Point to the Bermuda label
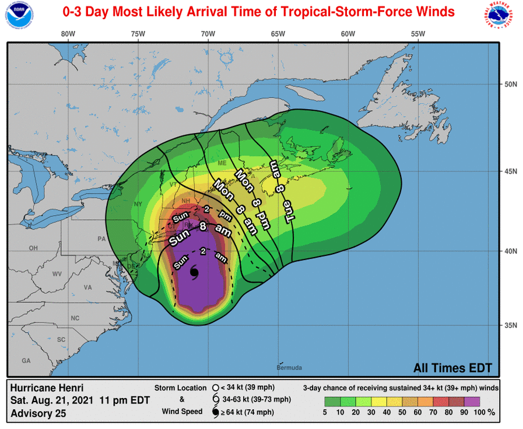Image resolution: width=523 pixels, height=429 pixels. pos(289,367)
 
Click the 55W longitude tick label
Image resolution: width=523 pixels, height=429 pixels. pos(417,34)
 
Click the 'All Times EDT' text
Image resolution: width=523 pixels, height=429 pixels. pos(452,368)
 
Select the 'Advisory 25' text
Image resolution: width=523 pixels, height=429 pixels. pos(38,414)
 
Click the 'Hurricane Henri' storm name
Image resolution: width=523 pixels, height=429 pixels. pos(47,388)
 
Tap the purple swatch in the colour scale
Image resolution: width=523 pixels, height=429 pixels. pos(472,401)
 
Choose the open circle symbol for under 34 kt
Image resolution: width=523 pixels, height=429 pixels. pos(216,387)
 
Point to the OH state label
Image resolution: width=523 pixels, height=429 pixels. pos(33,249)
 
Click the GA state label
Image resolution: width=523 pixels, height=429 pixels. pos(26,361)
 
